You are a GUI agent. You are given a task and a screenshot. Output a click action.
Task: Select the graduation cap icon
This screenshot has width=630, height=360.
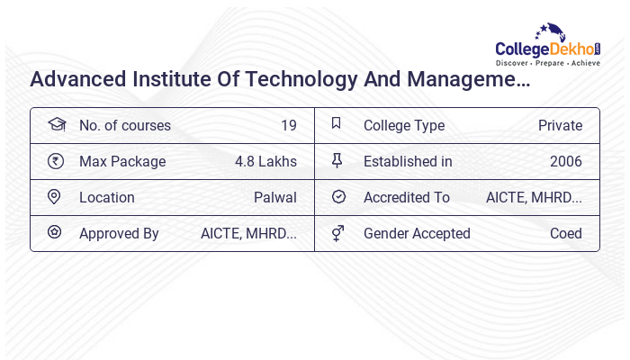[x=56, y=125]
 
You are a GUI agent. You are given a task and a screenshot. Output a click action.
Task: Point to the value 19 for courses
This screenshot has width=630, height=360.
[x=288, y=126]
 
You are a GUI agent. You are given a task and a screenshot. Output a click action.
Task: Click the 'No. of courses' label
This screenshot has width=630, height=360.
[x=125, y=126]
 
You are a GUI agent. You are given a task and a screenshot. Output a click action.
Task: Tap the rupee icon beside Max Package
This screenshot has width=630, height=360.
[x=56, y=161]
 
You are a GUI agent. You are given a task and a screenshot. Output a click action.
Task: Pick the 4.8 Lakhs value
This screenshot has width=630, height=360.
[x=265, y=162]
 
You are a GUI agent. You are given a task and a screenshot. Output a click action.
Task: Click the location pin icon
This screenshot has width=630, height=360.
[x=55, y=197]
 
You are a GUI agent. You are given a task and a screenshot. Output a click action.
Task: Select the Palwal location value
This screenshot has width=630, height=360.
[x=275, y=198]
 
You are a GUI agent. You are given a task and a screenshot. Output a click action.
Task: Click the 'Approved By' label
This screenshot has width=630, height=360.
[x=119, y=234]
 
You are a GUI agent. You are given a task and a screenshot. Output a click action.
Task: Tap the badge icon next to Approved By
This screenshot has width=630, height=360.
[x=55, y=232]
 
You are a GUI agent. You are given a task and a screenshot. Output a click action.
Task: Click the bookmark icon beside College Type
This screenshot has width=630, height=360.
[x=337, y=124]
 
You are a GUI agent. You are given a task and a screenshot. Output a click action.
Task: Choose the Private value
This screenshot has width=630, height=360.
[x=560, y=126]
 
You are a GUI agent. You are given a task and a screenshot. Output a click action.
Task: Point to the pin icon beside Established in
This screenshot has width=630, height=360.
[x=337, y=161]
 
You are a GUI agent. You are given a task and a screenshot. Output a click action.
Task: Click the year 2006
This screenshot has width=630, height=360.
[x=566, y=162]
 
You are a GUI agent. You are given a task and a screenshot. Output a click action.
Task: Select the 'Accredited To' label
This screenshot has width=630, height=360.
[x=407, y=198]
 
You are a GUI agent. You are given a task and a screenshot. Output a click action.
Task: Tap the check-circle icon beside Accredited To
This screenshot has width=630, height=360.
[x=338, y=197]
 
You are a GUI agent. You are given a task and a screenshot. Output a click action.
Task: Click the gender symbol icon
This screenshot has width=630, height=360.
[x=337, y=233]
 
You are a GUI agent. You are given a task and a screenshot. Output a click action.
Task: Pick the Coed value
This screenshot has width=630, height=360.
[x=566, y=234]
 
